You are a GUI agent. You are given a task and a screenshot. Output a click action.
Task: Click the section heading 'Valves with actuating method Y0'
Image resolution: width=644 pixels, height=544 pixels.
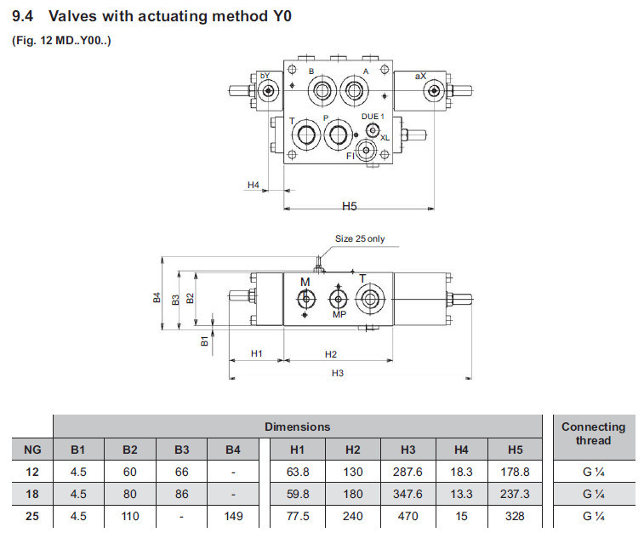pyautogui.click(x=170, y=15)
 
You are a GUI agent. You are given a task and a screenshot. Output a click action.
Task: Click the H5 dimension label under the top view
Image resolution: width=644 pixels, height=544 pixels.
pyautogui.click(x=350, y=205)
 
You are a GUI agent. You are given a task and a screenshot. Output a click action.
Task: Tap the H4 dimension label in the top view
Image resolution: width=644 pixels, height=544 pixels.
pyautogui.click(x=253, y=184)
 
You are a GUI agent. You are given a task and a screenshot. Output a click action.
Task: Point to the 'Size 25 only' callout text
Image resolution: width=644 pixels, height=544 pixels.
pyautogui.click(x=359, y=238)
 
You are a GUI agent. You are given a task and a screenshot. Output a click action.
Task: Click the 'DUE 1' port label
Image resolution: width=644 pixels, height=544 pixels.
pyautogui.click(x=373, y=116)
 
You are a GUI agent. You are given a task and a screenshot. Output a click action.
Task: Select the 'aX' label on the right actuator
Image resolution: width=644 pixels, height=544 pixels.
pyautogui.click(x=420, y=77)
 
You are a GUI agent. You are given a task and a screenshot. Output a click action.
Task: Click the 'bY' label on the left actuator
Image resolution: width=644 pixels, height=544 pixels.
pyautogui.click(x=265, y=77)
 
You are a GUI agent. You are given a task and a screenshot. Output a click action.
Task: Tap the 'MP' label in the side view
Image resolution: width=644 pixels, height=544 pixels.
pyautogui.click(x=339, y=314)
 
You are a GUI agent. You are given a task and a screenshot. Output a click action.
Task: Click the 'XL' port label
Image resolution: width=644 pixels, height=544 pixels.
pyautogui.click(x=385, y=137)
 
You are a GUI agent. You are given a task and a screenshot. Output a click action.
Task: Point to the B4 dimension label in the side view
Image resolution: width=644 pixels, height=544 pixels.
pyautogui.click(x=157, y=298)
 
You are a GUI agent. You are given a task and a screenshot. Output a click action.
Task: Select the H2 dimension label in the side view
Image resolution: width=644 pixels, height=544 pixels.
pyautogui.click(x=331, y=353)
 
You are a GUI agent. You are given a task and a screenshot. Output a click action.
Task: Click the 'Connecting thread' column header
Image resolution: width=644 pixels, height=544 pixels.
pyautogui.click(x=593, y=433)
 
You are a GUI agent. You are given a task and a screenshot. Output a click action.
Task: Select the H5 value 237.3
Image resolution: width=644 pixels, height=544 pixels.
pyautogui.click(x=516, y=494)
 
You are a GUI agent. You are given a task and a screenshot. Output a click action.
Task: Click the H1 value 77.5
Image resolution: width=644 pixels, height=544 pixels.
pyautogui.click(x=297, y=516)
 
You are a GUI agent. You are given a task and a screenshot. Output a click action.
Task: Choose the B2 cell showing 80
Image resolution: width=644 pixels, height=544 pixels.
pyautogui.click(x=130, y=494)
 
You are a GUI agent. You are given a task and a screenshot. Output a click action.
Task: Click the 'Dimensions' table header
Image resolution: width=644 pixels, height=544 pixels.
pyautogui.click(x=297, y=426)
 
